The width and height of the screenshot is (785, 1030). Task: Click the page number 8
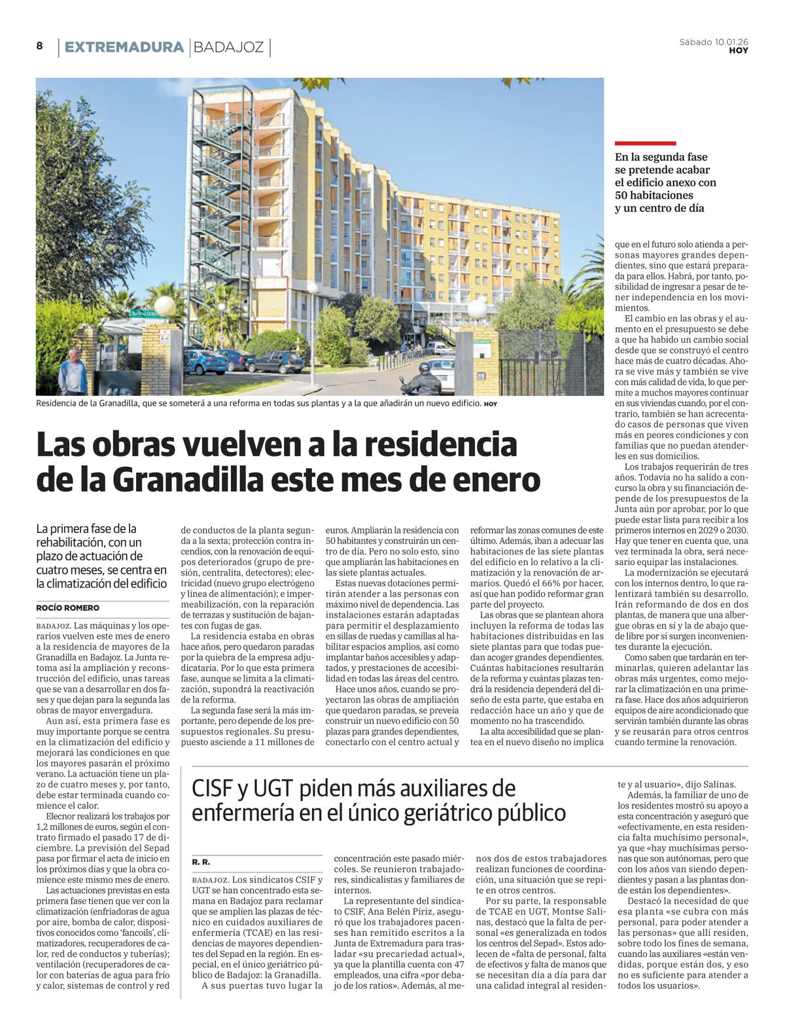coord(39,46)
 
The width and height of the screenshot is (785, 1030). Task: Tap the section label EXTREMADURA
coord(124,47)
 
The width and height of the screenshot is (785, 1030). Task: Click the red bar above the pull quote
coord(645,143)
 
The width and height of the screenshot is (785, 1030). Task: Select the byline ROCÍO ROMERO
coord(68,608)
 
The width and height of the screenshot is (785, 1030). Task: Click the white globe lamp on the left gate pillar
coord(165,305)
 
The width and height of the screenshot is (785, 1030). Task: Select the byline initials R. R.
coord(201,863)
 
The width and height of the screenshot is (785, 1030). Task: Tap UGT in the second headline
coord(268,789)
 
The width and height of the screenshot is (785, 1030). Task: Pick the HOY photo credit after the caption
coord(491,404)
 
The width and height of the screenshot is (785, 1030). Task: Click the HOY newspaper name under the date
coord(739,50)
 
